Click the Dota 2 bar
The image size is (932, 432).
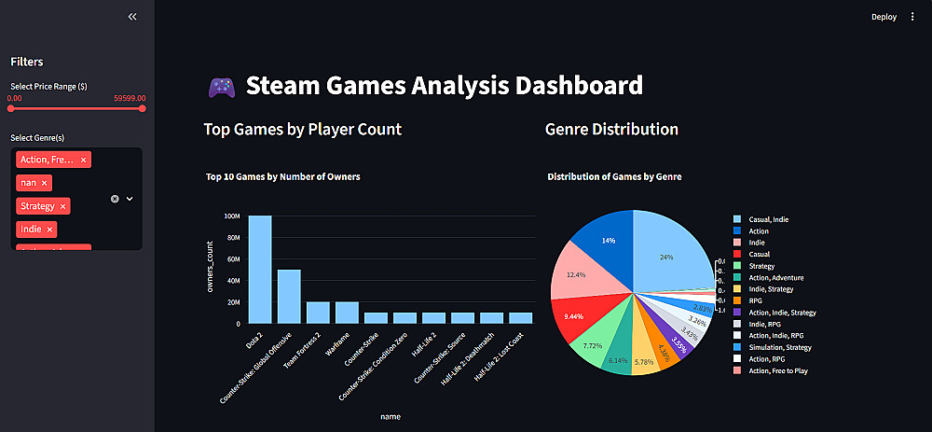click(260, 271)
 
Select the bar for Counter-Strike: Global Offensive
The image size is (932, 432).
click(289, 297)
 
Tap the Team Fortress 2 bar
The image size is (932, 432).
click(319, 313)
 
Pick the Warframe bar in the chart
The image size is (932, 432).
click(348, 313)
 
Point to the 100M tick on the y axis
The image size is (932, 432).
click(231, 216)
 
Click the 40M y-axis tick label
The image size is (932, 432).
click(232, 281)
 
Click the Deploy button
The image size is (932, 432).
click(884, 16)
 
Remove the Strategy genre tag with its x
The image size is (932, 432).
click(63, 205)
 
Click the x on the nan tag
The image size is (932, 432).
click(45, 183)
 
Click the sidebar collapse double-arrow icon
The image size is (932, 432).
click(132, 17)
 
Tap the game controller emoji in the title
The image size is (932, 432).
click(221, 87)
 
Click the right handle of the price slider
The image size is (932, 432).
click(143, 108)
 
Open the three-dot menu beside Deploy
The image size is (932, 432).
click(912, 16)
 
